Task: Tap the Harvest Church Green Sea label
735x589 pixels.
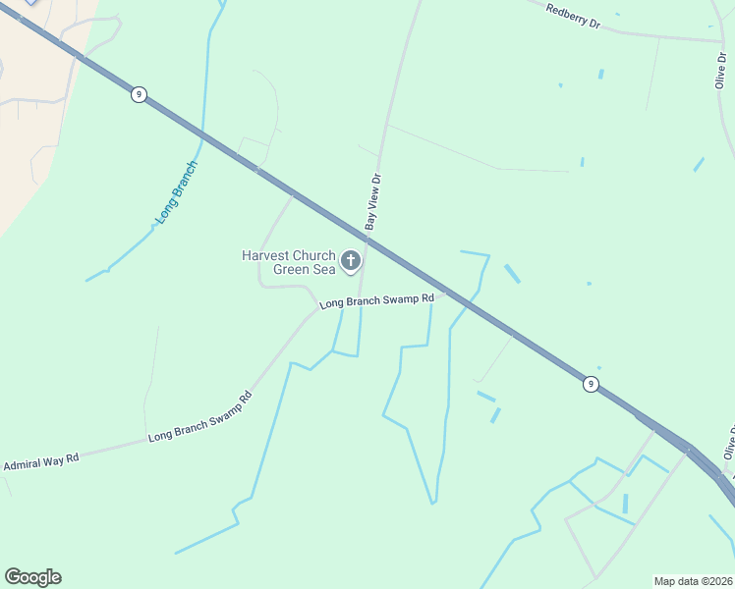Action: (x=289, y=262)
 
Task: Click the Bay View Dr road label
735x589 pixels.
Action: (x=372, y=202)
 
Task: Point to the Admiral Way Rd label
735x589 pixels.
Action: (x=40, y=459)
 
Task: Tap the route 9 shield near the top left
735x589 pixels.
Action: (x=138, y=94)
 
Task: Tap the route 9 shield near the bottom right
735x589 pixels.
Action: (x=590, y=384)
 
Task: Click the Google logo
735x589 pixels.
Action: (x=32, y=577)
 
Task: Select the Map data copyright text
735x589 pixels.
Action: (x=693, y=581)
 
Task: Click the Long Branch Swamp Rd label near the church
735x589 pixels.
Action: (x=376, y=300)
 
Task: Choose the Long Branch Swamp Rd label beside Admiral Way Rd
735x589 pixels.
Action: (x=199, y=417)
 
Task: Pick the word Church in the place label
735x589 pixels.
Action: (x=314, y=255)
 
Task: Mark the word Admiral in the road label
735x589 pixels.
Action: (x=23, y=462)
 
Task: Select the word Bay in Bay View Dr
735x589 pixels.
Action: (x=370, y=221)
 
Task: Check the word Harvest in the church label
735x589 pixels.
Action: (x=266, y=255)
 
